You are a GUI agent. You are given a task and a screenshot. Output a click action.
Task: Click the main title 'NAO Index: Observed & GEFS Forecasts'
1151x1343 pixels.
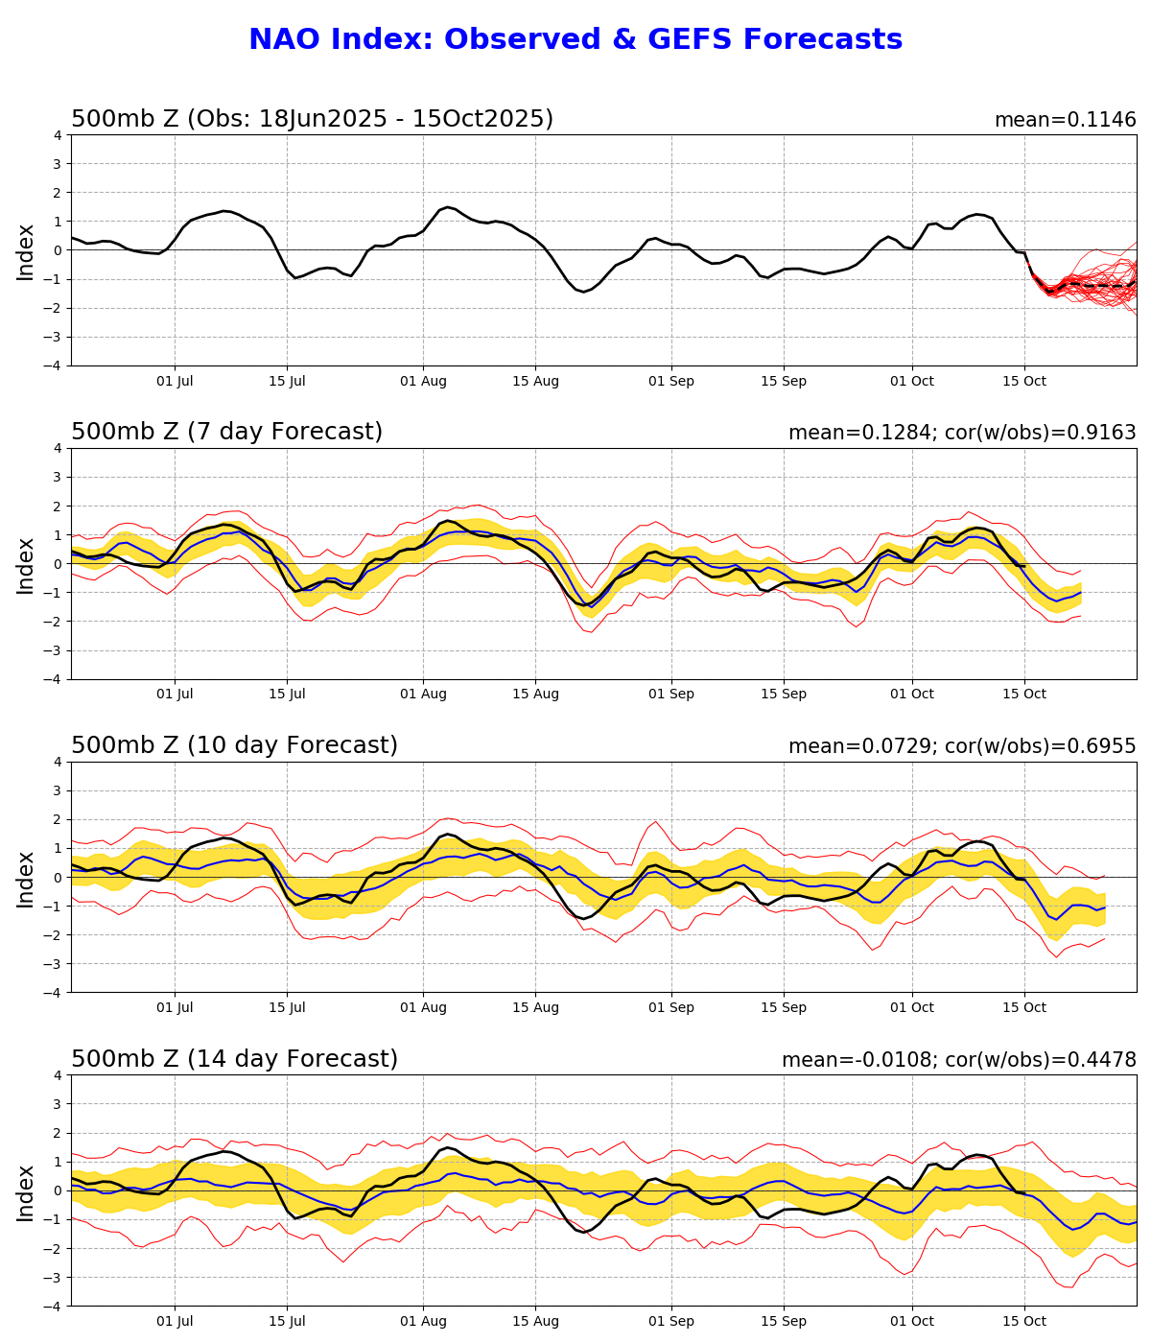(x=575, y=39)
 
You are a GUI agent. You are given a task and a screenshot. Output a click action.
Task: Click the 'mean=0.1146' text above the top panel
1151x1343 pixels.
(x=1065, y=120)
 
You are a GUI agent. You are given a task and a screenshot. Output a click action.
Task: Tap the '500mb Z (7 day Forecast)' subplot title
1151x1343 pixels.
(x=226, y=432)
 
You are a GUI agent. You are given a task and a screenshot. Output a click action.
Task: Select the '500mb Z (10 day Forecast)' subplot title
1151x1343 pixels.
(x=234, y=745)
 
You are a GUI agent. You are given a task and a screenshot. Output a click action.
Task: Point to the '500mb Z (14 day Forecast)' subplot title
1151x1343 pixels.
(x=234, y=1059)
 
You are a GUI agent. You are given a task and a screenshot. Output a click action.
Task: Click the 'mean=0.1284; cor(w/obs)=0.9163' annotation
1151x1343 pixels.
(x=962, y=433)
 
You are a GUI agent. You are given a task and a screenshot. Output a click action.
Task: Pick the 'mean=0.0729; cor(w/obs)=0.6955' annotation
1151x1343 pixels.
(x=962, y=746)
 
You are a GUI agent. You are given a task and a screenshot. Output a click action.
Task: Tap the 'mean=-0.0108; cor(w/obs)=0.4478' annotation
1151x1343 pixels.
(x=958, y=1060)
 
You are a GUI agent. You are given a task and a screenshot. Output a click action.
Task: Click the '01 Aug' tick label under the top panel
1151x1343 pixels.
(x=423, y=381)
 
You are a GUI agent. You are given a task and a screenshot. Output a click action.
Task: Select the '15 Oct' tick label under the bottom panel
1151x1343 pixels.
(x=1024, y=1322)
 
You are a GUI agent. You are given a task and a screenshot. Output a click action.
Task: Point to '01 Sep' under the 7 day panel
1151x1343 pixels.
(x=671, y=695)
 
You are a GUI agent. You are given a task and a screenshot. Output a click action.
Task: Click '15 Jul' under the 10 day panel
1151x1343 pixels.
(x=287, y=1008)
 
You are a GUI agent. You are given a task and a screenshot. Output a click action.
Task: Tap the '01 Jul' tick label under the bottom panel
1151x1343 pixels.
(x=175, y=1322)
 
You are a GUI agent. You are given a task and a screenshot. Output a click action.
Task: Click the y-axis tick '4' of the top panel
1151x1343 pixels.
(x=58, y=135)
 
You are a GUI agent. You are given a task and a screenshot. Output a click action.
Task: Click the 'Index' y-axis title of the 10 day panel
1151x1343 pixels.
(x=26, y=878)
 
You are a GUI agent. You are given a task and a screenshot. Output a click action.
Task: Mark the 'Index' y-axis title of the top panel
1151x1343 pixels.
(x=26, y=251)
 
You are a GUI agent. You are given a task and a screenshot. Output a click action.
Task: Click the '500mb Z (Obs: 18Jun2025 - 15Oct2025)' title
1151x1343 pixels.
(x=312, y=119)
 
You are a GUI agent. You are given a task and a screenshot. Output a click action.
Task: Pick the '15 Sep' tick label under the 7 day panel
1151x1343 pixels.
(x=784, y=695)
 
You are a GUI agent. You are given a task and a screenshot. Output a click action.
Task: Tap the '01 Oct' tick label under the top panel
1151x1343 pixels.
(x=911, y=381)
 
